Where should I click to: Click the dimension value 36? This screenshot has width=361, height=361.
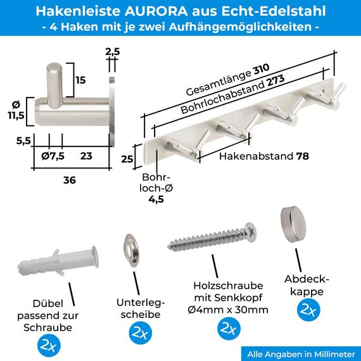point(69,180)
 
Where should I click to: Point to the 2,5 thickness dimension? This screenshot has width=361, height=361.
point(112,51)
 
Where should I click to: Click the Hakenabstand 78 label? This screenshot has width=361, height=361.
point(260,155)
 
